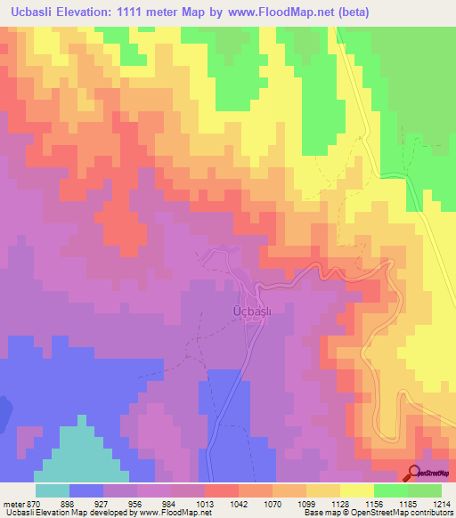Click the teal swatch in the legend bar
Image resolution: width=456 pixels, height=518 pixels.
(x=53, y=490)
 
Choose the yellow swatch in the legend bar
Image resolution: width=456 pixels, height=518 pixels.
(x=357, y=490)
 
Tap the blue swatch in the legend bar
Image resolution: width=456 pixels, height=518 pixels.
(x=86, y=490)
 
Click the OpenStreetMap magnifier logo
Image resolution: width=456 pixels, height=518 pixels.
(x=413, y=473)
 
